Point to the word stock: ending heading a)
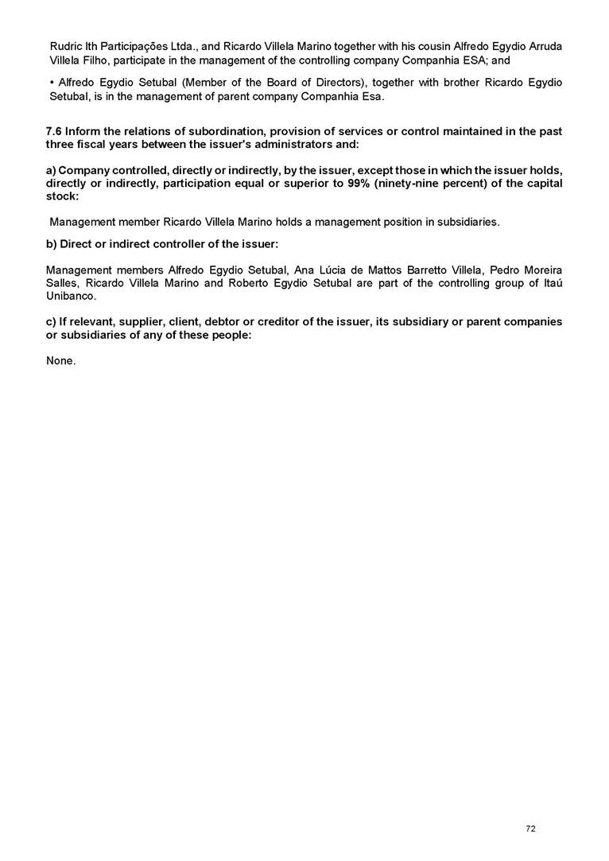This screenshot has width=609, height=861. click(63, 196)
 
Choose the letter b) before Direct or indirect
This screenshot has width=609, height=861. click(52, 243)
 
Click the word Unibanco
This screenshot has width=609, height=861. click(72, 296)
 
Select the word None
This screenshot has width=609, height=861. click(61, 361)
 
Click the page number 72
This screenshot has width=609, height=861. click(530, 829)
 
